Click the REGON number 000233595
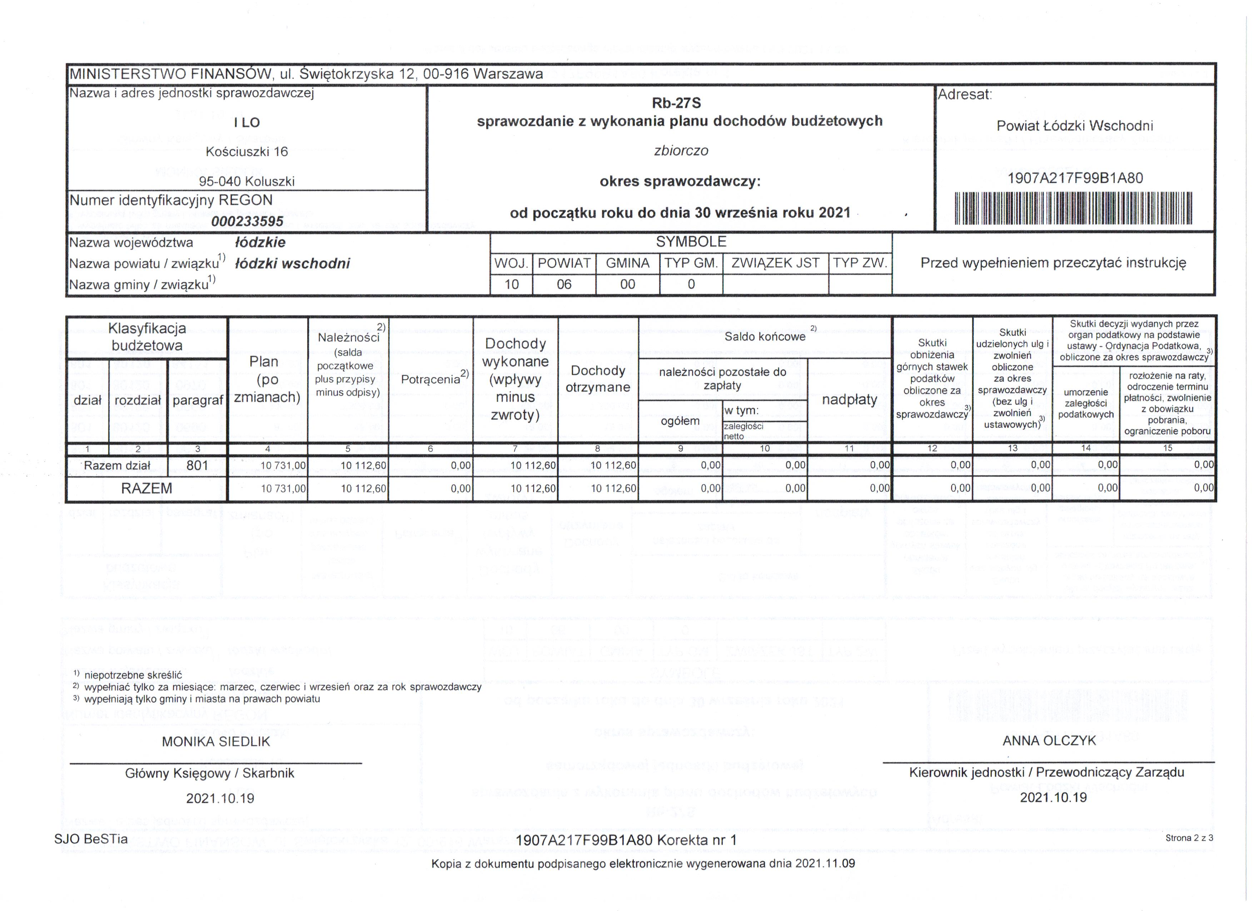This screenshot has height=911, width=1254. (247, 221)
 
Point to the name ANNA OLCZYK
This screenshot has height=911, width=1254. (1049, 741)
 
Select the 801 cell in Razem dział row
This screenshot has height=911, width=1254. (197, 466)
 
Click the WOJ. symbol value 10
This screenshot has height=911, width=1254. (512, 284)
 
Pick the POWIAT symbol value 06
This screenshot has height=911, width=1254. (564, 284)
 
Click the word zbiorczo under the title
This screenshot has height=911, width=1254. (681, 151)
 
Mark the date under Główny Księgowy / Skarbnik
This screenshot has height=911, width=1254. (220, 798)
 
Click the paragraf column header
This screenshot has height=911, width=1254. (197, 400)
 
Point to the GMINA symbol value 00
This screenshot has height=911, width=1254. (628, 284)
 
